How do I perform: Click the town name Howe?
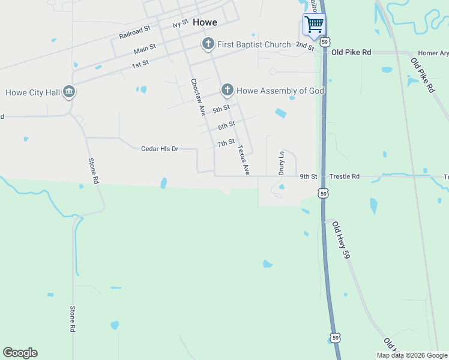point(205,22)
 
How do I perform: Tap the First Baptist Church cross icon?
point(208,44)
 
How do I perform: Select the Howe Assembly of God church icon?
point(227,91)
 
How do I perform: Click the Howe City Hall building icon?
point(69,92)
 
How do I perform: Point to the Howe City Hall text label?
point(32,92)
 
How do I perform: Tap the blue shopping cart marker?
point(314,25)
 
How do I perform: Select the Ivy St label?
point(180,24)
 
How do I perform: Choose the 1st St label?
point(140,63)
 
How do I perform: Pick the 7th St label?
point(226,143)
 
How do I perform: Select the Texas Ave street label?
point(243,160)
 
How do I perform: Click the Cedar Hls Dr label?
point(160,149)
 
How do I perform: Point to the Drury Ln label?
point(281,163)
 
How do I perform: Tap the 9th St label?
point(309,176)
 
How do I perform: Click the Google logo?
point(20,353)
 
